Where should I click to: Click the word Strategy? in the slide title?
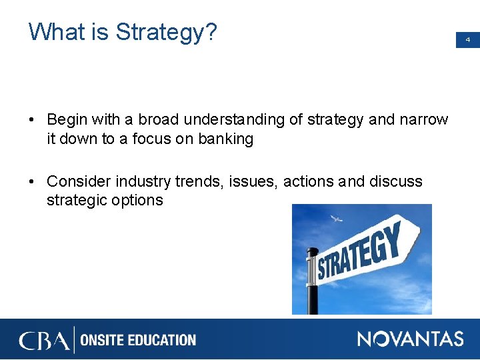(166, 32)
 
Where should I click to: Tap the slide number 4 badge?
(467, 40)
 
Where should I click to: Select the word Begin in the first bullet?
(68, 120)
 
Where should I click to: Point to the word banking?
(226, 139)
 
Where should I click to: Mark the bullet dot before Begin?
(32, 121)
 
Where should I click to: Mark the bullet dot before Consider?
(32, 182)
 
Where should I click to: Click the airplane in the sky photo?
(337, 219)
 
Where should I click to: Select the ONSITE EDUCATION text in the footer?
(138, 340)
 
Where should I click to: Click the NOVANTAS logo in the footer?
(410, 339)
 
